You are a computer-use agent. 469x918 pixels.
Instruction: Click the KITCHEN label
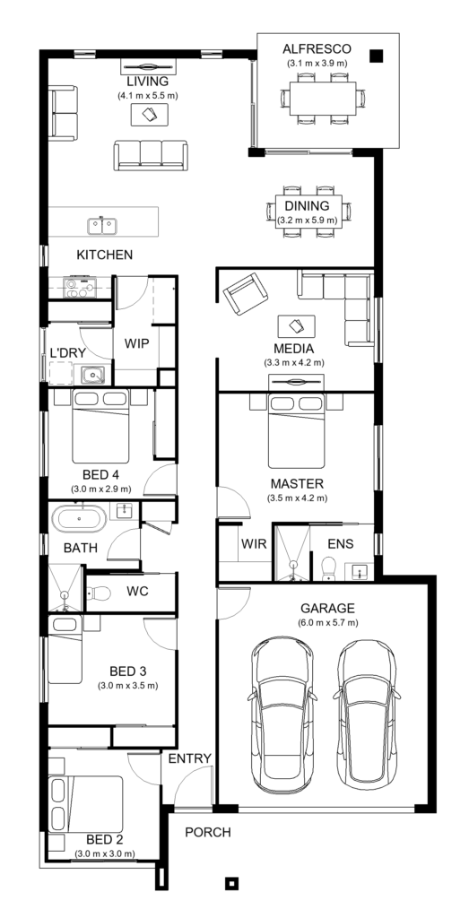coord(104,255)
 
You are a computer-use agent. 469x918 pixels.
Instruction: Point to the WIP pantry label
coord(136,342)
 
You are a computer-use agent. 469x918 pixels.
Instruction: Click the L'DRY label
coord(67,353)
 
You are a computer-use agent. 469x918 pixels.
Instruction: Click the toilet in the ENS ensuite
coord(327,567)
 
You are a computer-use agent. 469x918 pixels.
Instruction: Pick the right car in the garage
coord(367,714)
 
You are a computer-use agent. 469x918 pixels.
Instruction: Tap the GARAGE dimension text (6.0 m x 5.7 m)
coord(328,622)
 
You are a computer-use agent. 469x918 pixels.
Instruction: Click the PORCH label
coord(207,833)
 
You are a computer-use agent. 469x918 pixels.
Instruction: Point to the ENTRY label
coord(189,759)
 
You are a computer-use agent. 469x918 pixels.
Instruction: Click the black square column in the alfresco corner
coord(377,56)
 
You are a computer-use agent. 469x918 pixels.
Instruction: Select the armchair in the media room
coord(244,294)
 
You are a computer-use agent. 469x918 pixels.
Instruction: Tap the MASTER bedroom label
coord(295,484)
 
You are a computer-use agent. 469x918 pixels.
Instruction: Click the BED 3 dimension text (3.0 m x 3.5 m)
coord(127,686)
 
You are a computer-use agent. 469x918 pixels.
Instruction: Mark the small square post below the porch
coord(231,884)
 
